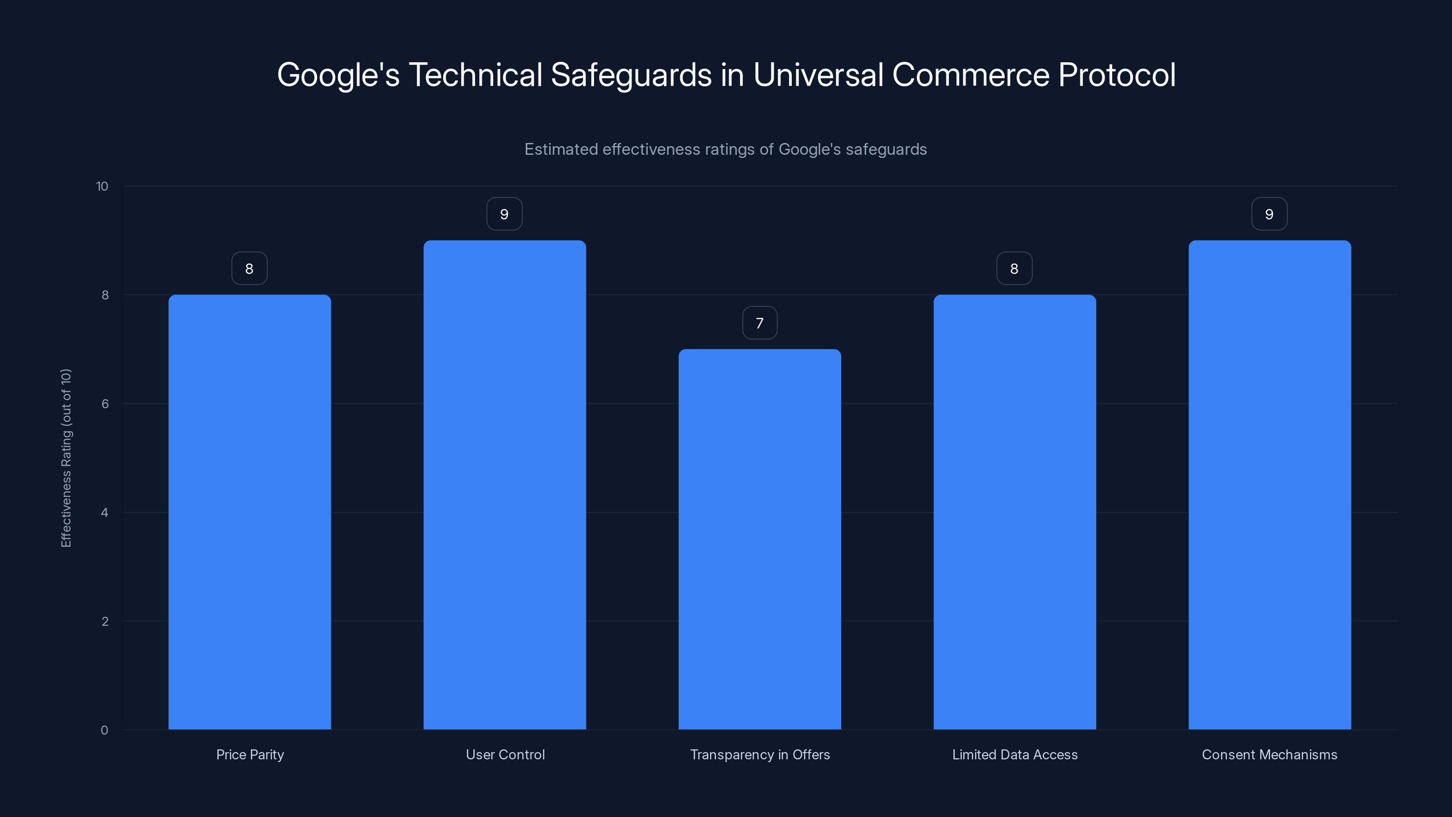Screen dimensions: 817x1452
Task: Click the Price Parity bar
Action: [250, 512]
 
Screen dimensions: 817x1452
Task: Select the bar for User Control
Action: [505, 485]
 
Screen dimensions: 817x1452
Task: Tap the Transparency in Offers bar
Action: [760, 539]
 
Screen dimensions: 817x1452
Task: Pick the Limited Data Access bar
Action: [1015, 512]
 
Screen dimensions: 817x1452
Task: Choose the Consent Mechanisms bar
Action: [1270, 485]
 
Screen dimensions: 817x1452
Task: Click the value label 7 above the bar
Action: [760, 323]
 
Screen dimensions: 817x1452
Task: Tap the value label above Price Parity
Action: [249, 268]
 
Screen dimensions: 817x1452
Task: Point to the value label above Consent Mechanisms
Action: [1270, 214]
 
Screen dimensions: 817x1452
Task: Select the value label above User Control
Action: [505, 214]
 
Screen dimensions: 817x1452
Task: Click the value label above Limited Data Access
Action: [1014, 268]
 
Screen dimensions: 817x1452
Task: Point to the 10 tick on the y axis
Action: [102, 186]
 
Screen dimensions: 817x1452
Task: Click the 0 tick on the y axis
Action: [104, 730]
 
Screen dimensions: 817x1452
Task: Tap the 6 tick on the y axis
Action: [105, 404]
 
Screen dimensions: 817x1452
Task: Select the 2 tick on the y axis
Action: [105, 621]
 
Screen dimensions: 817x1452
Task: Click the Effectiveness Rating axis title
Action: [66, 458]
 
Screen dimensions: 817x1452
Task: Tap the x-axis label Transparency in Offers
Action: [760, 754]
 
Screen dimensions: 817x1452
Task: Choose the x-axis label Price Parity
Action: [250, 754]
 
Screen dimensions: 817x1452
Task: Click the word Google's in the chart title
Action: [338, 75]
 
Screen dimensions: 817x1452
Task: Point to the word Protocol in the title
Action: [1117, 75]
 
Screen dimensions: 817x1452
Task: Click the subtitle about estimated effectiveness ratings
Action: [726, 149]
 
